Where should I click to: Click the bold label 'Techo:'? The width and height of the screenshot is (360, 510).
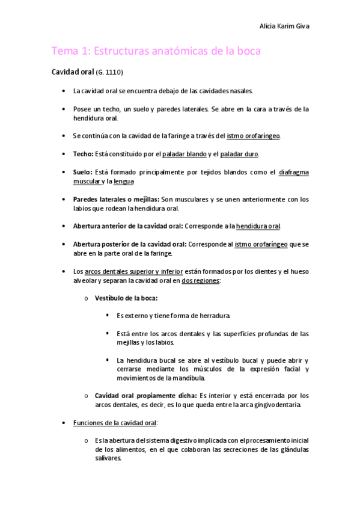click(82, 154)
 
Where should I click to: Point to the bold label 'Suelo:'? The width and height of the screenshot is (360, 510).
click(83, 172)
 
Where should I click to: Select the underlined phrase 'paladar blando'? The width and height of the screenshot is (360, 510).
click(185, 154)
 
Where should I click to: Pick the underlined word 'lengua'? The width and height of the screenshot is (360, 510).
click(123, 181)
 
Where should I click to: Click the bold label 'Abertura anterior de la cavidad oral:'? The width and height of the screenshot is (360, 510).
click(123, 226)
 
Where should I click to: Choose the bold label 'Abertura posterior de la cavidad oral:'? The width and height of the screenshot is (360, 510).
click(124, 244)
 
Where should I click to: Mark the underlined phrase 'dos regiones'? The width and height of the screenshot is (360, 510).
click(200, 280)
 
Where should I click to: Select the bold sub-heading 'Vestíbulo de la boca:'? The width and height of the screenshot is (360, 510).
click(127, 298)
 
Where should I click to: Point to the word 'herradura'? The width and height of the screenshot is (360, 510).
click(213, 316)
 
